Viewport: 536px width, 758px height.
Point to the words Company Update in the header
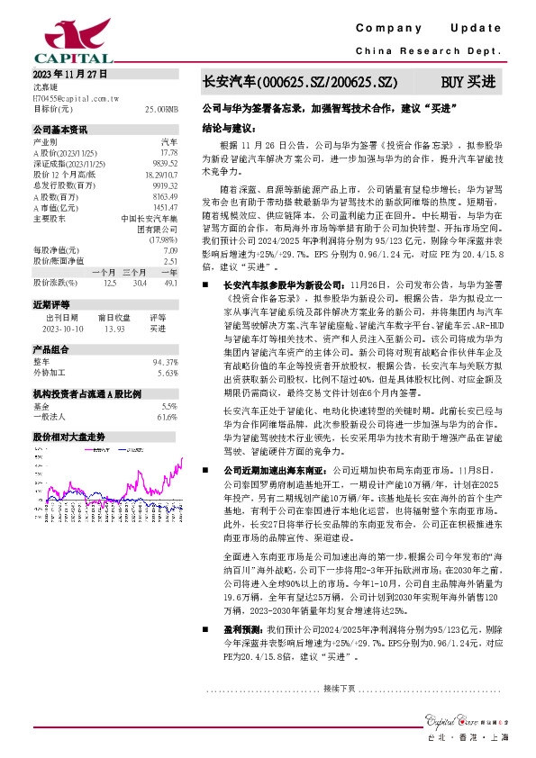[434, 30]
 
